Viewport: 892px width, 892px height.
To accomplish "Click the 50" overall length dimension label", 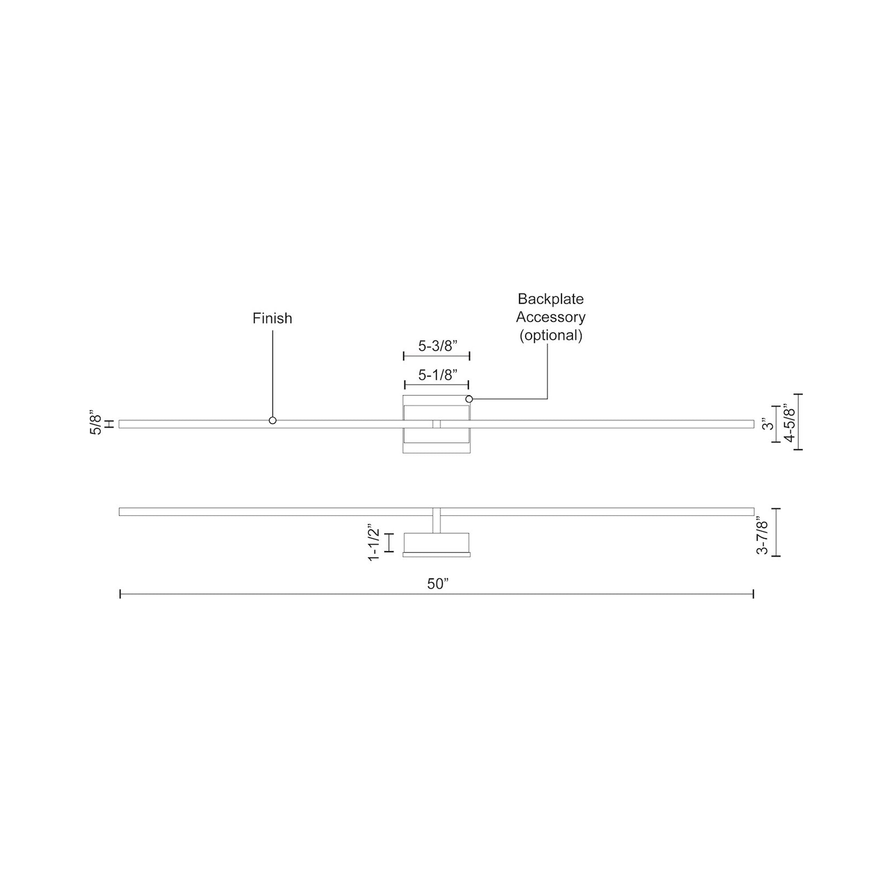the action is coord(438,584).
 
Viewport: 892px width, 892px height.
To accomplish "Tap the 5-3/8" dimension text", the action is coord(438,346).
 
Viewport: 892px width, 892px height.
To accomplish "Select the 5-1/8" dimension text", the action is coord(438,375).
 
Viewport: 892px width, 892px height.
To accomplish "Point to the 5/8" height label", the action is coord(96,421).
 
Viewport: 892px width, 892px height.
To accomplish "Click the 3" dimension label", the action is coord(768,424).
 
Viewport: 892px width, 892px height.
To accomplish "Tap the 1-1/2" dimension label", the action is coord(373,542).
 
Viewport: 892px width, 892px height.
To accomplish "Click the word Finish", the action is coord(273,318).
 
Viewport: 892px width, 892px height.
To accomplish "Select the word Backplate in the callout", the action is coord(551,299).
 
